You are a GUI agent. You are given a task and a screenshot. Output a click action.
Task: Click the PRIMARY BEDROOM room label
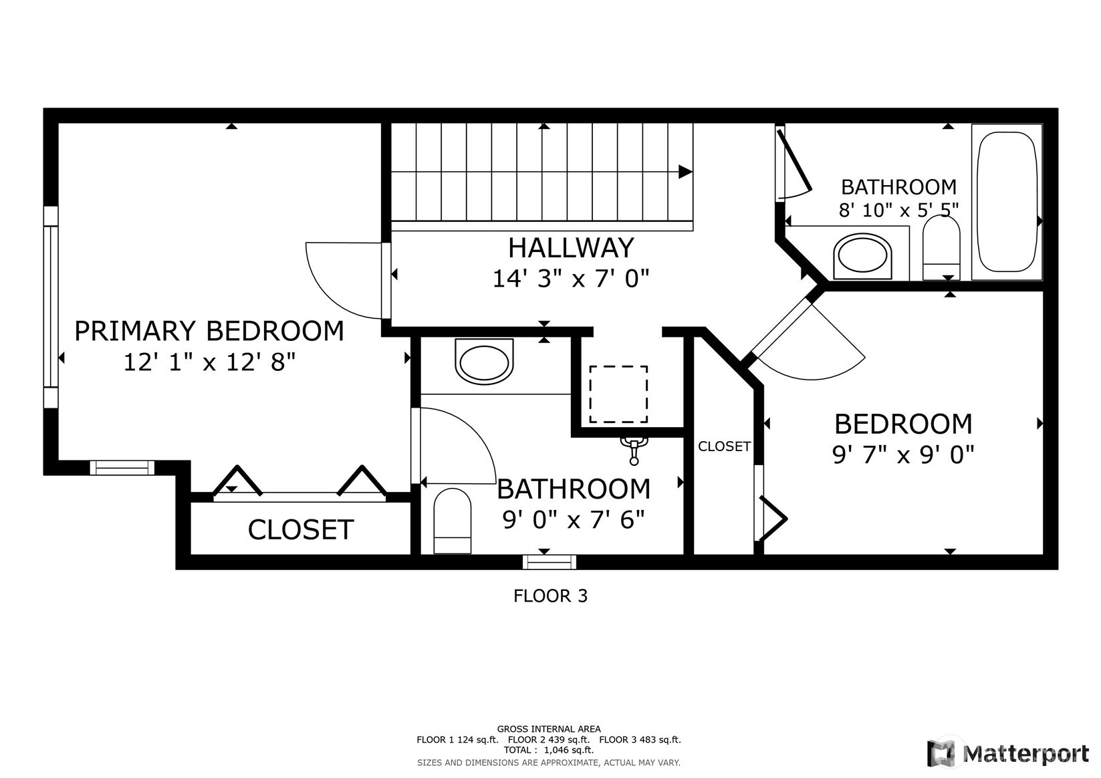[x=209, y=331]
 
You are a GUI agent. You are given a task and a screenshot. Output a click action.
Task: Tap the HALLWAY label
[x=571, y=248]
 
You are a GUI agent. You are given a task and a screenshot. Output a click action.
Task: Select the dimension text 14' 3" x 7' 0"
[x=571, y=279]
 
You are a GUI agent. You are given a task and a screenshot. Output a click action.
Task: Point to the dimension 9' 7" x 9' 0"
[x=903, y=455]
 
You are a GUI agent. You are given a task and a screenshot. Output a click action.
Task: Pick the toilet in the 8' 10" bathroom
[x=941, y=248]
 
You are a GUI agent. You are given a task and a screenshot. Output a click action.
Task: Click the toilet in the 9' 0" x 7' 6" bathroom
[x=452, y=521]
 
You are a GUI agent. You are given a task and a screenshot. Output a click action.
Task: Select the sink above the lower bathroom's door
[x=484, y=362]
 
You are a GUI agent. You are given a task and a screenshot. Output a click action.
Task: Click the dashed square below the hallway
[x=618, y=394]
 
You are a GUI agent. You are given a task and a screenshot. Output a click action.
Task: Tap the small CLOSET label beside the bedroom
[x=724, y=446]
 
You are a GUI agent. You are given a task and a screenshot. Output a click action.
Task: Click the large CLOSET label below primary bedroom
[x=301, y=529]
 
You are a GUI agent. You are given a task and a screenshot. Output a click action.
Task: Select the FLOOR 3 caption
[x=551, y=596]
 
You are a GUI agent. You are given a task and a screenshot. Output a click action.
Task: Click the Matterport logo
[x=1008, y=753]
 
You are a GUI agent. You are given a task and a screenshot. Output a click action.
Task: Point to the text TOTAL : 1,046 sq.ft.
[x=549, y=750]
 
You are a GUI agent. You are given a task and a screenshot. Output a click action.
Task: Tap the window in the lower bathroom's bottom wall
[x=549, y=561]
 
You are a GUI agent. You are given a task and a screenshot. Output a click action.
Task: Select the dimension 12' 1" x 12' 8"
[x=209, y=363]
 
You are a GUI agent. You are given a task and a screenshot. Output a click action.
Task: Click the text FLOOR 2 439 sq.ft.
[x=549, y=740]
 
